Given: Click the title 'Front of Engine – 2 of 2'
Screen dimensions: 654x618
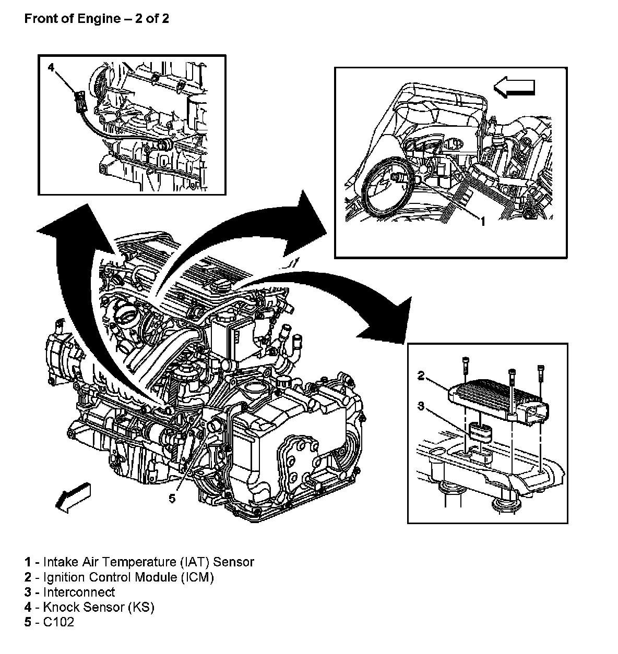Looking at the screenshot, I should pos(97,20).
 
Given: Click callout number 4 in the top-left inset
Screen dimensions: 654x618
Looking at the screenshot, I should pos(51,67).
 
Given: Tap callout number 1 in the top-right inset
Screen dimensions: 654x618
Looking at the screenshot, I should pos(483,222).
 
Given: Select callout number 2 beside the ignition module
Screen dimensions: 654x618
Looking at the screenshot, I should pos(421,374).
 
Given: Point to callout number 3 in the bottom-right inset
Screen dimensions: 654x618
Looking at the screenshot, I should pos(421,405).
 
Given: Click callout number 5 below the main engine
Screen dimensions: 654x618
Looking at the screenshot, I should pos(172,499).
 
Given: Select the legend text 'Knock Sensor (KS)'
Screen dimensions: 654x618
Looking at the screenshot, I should pos(99,607).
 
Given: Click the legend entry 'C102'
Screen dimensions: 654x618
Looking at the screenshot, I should pos(58,622).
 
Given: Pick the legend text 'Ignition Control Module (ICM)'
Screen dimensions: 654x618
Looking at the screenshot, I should pos(128,577).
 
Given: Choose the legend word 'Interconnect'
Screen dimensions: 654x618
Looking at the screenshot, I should pos(79,592).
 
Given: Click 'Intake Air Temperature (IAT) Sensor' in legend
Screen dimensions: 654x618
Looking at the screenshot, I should pos(148,562).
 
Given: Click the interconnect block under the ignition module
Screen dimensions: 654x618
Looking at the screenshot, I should pos(480,433).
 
